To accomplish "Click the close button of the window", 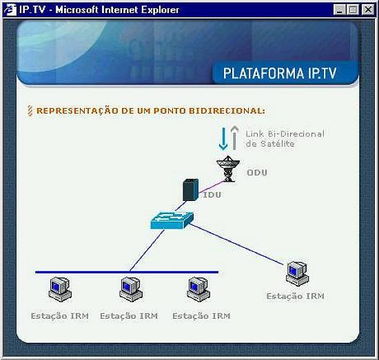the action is tap(368, 10).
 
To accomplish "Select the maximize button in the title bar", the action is tap(353, 10).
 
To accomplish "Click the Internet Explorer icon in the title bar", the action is tap(10, 10).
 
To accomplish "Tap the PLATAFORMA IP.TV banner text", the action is tap(279, 73).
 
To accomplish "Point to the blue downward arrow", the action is tap(223, 139).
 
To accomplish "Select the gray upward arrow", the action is tap(234, 138).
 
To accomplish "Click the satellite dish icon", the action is tap(228, 169).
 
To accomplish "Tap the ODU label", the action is tap(257, 172).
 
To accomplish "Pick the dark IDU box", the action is tap(190, 190).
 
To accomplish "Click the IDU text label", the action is tap(212, 195).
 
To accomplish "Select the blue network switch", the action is tap(172, 220).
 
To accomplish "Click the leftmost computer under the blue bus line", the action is tap(60, 289).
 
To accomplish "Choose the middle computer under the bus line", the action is tap(131, 289).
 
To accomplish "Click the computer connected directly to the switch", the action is tap(297, 274).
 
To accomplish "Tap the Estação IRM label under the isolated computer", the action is tap(295, 296).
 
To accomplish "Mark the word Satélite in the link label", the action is tap(277, 144).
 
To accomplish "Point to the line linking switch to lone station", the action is tap(238, 244).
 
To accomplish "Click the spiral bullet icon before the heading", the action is tap(30, 111).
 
